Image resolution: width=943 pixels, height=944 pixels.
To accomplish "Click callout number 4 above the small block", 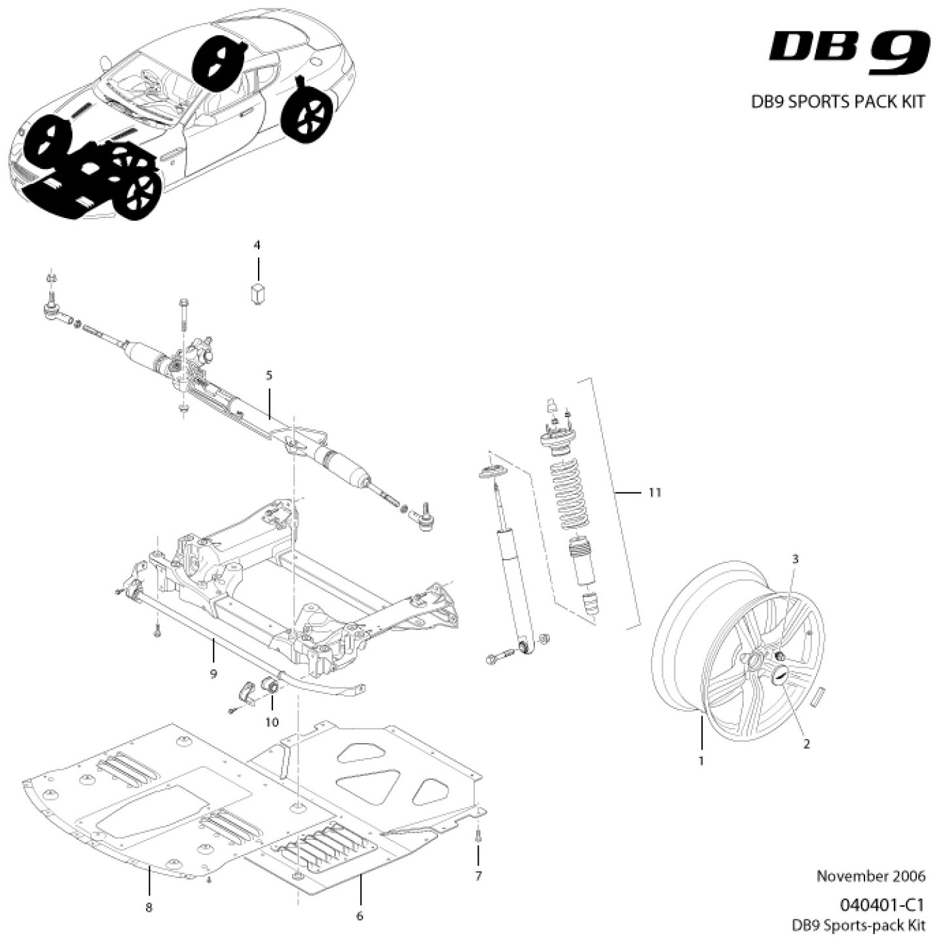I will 257,245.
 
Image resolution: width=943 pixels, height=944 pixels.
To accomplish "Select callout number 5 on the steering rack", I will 269,375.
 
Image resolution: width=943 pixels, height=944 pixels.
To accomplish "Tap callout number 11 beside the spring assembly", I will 654,492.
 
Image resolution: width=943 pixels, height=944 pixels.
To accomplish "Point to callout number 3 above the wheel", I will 795,559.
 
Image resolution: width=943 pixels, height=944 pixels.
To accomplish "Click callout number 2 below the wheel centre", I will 806,744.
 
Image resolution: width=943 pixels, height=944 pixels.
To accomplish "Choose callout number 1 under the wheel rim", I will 701,761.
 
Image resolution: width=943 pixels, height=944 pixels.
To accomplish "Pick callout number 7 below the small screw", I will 478,876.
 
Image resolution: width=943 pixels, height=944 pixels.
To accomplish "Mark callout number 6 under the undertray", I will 360,916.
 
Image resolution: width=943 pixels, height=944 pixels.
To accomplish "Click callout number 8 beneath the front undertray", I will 149,907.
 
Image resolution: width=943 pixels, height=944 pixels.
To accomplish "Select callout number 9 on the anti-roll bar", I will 213,674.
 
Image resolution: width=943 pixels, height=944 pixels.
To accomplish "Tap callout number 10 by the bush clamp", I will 272,722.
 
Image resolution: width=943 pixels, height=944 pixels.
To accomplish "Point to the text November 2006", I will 870,876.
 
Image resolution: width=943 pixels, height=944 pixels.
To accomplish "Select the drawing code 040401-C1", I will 881,905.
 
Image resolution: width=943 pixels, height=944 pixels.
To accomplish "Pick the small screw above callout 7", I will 478,835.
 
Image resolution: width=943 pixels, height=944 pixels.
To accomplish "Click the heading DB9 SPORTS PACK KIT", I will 838,102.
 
